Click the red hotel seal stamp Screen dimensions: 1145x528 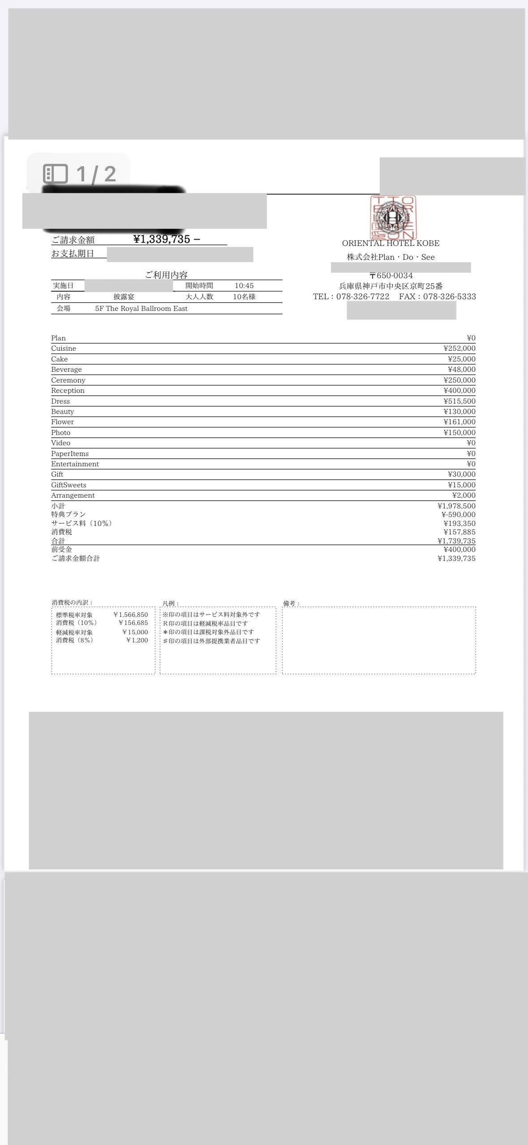393,218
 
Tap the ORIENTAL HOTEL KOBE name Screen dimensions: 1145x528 391,243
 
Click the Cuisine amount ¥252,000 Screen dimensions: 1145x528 459,349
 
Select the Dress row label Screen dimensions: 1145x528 60,401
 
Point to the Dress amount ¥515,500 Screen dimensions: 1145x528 459,401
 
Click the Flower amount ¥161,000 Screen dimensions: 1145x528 459,422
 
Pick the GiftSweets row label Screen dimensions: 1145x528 69,485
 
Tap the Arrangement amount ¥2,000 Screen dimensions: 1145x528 464,495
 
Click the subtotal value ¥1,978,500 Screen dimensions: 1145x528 456,506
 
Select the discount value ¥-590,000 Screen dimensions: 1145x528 458,515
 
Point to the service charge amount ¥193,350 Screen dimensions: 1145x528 459,524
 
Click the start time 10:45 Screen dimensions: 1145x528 244,286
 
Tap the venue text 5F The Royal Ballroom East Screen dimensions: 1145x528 141,309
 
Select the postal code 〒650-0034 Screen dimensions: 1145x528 391,275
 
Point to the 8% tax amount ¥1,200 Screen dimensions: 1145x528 137,641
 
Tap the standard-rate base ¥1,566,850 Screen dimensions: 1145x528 131,615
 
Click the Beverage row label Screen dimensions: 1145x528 66,370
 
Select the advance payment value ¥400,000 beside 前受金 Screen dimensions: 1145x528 459,550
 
